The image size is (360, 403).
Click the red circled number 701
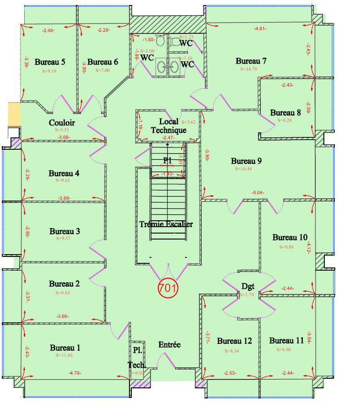[x=168, y=288]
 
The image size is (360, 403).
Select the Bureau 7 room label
[x=251, y=61]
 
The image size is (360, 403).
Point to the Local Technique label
[x=169, y=126]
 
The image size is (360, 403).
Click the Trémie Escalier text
[x=166, y=224]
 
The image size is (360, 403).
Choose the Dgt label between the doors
[x=247, y=287]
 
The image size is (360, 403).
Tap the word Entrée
[x=169, y=345]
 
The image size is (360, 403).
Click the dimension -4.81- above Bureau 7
[x=260, y=29]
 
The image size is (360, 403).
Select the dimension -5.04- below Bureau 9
[x=258, y=193]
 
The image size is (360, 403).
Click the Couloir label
[x=62, y=123]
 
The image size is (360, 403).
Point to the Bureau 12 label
[x=234, y=341]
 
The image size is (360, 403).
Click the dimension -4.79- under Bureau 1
[x=75, y=373]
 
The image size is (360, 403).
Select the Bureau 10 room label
[x=290, y=237]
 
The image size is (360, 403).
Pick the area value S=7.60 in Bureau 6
[x=103, y=71]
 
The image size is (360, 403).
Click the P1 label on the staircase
[x=167, y=160]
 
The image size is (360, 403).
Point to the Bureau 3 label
[x=64, y=231]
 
